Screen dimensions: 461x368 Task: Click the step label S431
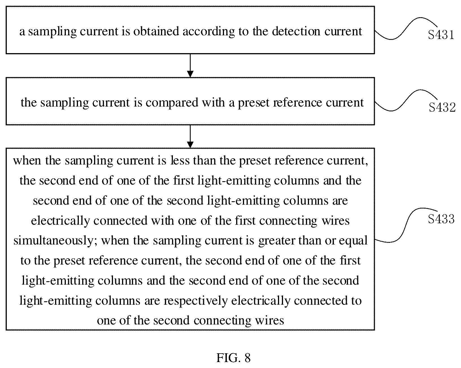click(441, 35)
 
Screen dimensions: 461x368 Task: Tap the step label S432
click(442, 107)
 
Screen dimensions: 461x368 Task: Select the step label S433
click(441, 219)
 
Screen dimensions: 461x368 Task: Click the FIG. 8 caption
click(233, 358)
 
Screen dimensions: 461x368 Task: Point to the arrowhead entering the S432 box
click(190, 74)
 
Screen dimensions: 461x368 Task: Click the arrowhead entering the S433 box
click(190, 145)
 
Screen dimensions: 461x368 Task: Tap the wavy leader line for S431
click(406, 28)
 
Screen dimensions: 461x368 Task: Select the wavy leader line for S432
click(406, 100)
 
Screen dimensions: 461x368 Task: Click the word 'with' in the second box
click(213, 102)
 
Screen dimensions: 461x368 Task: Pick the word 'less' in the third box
click(180, 161)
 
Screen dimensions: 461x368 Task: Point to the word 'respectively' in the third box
click(195, 301)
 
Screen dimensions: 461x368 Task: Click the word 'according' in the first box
click(209, 32)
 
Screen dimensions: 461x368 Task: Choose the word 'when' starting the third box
click(27, 161)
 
